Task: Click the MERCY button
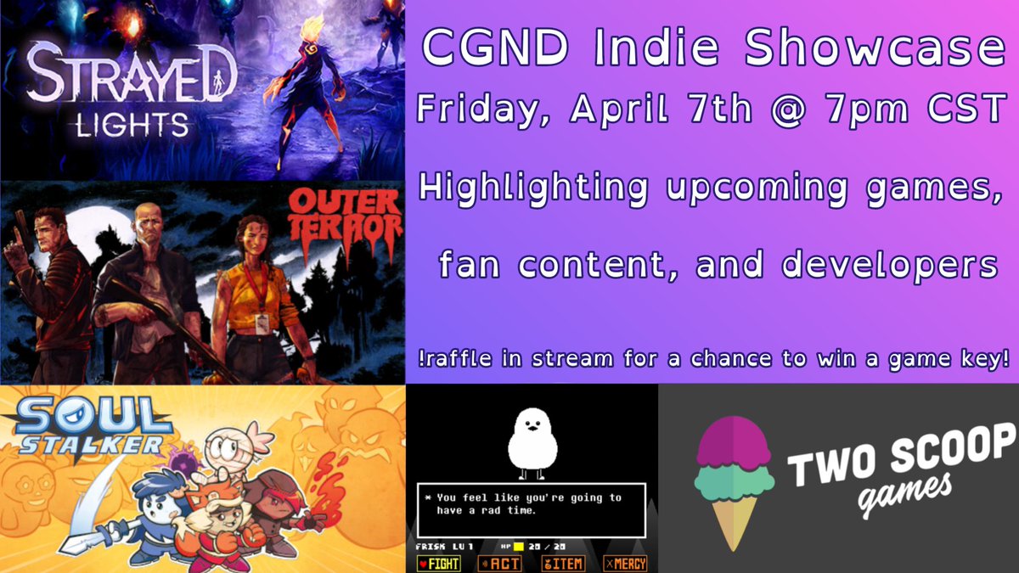pos(625,563)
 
